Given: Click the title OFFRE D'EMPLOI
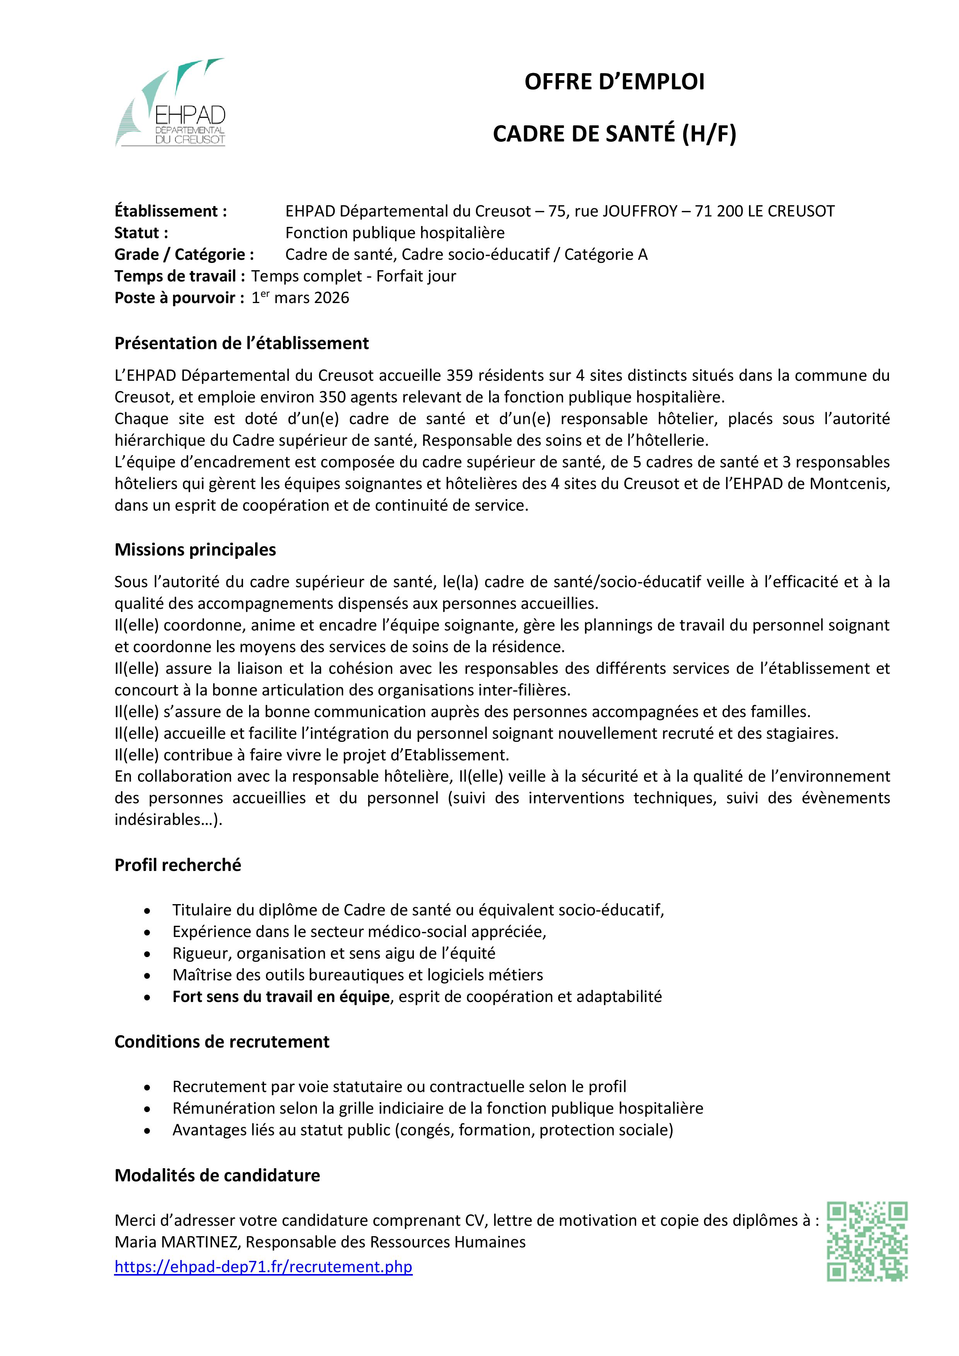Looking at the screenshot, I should click(614, 82).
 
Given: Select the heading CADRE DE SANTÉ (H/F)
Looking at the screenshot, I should click(614, 134).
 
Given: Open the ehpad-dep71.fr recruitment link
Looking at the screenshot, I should click(263, 1267).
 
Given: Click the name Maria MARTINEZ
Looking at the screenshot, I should click(177, 1242).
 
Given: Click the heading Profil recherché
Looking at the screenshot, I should click(178, 865).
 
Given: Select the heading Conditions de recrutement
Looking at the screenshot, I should click(222, 1041).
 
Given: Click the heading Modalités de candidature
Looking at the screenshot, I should click(217, 1175).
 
